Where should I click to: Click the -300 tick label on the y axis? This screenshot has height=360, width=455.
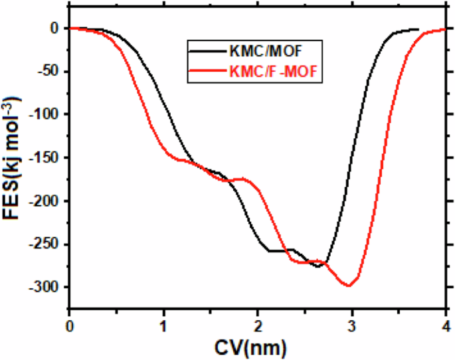point(45,287)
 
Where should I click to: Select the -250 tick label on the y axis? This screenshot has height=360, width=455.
point(45,244)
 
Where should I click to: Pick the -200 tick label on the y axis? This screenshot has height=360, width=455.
point(45,201)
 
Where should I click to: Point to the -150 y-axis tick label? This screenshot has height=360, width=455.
point(45,157)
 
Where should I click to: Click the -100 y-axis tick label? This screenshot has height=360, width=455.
point(45,114)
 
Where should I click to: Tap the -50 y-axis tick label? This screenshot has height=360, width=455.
point(48,71)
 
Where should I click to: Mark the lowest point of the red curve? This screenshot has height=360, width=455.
point(349,286)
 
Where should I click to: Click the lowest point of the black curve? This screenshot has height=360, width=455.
point(318,266)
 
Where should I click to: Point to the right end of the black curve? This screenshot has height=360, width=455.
point(418,29)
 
